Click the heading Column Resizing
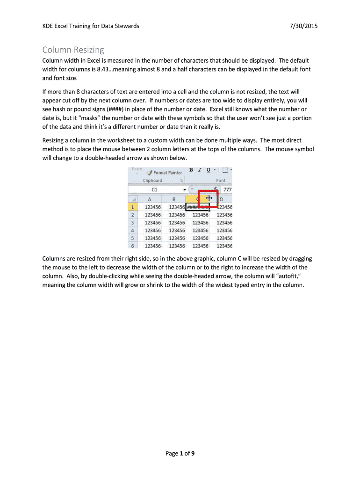coord(73,50)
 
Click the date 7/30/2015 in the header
coord(304,26)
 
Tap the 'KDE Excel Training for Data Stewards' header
coord(91,26)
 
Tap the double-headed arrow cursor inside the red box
coord(209,199)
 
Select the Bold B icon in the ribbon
coord(192,170)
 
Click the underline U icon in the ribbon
coord(208,170)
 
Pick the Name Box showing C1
coord(154,189)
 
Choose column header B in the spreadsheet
coord(173,199)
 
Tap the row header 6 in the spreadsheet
coord(132,246)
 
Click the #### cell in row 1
coord(197,207)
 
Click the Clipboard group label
coord(152,181)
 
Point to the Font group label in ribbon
coord(221,181)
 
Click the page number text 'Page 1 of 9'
coord(180,453)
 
